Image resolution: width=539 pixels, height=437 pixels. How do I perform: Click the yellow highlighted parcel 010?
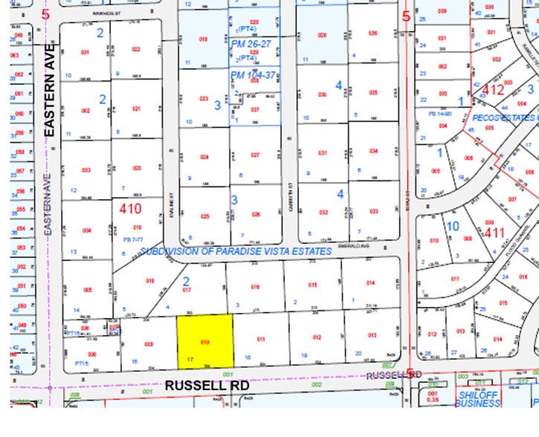pos(204,341)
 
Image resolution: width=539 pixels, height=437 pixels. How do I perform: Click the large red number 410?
pos(129,209)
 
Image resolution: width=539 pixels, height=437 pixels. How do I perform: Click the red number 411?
pos(494,233)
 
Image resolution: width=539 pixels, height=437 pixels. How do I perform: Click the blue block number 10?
pos(453,224)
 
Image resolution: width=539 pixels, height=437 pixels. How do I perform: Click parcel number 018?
pos(149,281)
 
